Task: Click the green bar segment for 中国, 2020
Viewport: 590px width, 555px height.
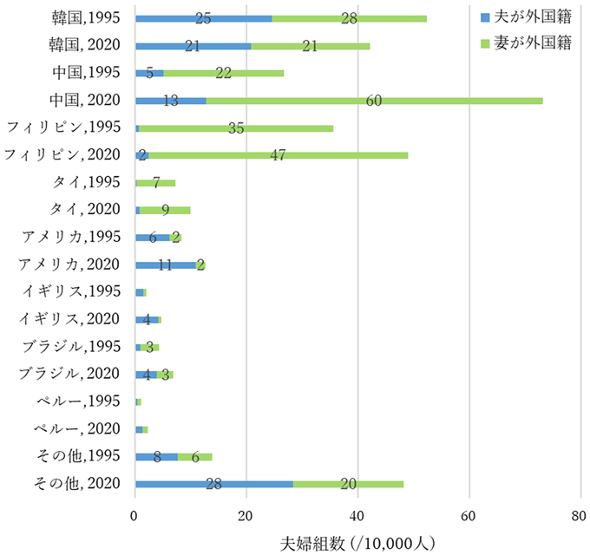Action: [x=373, y=101]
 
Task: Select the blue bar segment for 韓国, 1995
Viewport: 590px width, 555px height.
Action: [x=203, y=18]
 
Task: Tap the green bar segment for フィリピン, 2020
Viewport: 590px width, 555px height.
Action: [x=278, y=155]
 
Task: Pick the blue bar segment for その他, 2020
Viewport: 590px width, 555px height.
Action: [x=213, y=484]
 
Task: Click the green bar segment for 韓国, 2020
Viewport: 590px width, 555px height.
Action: [x=310, y=46]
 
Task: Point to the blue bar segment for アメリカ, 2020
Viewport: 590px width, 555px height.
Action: [x=165, y=264]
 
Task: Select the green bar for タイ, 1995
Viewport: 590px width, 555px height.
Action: [x=156, y=183]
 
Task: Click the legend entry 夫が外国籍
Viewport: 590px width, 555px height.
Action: [x=525, y=16]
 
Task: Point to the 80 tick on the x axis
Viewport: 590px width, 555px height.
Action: [x=580, y=513]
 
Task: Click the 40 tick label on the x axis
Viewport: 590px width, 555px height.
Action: [x=358, y=513]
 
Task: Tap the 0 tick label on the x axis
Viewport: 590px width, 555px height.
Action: [x=135, y=513]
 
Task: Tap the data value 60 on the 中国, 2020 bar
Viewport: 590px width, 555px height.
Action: [x=374, y=101]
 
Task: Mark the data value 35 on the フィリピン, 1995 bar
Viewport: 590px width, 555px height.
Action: [x=234, y=128]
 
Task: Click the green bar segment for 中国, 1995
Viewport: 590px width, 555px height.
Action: [x=223, y=73]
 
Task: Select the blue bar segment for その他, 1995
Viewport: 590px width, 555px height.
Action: [x=156, y=456]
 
